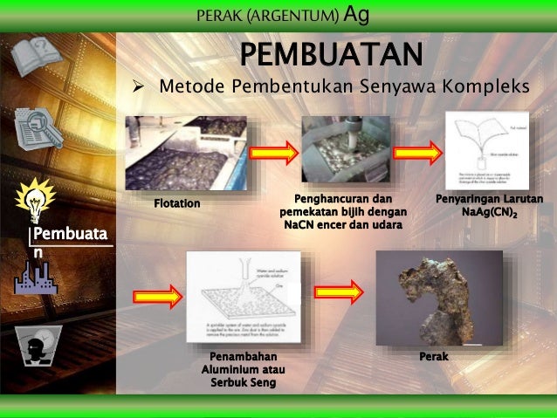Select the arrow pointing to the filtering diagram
417,154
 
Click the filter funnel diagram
487,150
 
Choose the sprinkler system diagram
244,297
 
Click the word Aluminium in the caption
226,371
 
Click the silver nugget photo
438,297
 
